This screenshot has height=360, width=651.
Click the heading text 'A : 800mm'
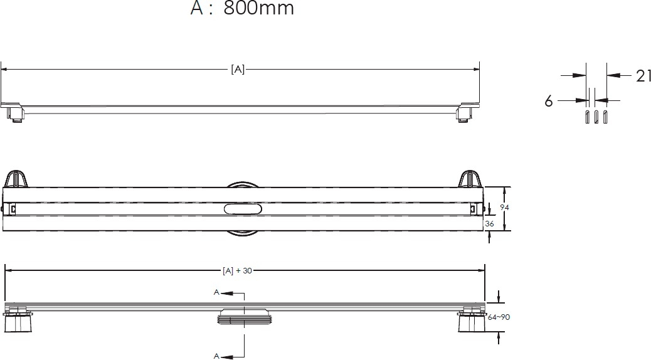(x=242, y=8)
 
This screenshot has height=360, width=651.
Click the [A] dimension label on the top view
(x=238, y=70)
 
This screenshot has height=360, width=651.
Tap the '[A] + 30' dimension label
(x=237, y=271)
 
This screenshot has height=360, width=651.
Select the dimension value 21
(x=643, y=76)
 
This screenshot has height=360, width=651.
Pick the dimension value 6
(x=549, y=101)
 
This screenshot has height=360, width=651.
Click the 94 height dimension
(x=504, y=207)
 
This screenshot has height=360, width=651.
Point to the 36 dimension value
(x=490, y=223)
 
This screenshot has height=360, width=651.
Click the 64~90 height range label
(x=499, y=317)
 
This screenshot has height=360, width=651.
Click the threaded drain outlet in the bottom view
(x=244, y=316)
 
